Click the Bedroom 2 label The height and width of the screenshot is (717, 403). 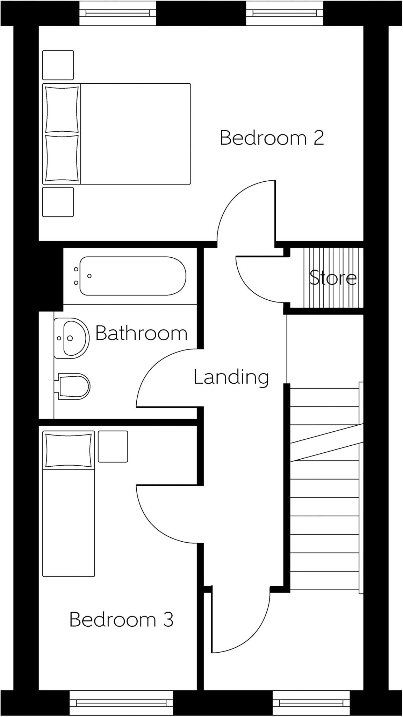point(272,138)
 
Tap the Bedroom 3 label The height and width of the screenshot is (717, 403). point(121,620)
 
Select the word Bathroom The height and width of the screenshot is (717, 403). point(141,333)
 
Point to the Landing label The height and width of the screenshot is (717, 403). point(231,377)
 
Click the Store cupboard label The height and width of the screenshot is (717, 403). point(332,278)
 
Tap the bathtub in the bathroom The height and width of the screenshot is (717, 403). point(133,276)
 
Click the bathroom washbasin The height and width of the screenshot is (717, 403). point(72,338)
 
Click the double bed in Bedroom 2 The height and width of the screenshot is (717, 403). point(135,134)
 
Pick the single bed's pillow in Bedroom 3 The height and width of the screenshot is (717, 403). point(69,450)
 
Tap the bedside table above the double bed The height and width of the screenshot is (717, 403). point(58,65)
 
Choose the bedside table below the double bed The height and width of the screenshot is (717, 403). point(58,202)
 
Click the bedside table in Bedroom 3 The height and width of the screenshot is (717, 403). point(113,446)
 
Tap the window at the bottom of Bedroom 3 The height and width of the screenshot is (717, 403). point(121,703)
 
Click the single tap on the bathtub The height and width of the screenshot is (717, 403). point(89,276)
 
